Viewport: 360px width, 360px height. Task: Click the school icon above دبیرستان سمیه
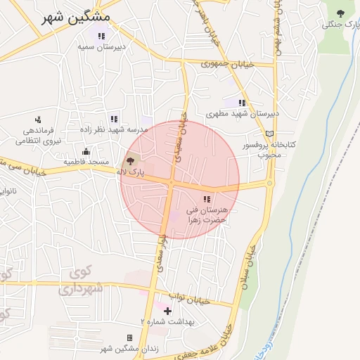click(x=101, y=36)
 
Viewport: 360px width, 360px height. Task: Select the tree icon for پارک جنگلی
click(x=341, y=13)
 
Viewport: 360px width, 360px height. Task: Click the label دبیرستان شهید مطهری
click(x=243, y=113)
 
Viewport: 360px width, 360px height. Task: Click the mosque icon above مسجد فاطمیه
click(x=86, y=151)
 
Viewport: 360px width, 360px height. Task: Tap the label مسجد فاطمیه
click(x=86, y=162)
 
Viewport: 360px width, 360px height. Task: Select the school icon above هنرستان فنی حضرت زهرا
click(x=207, y=199)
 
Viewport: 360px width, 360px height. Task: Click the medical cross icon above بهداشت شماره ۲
click(x=167, y=310)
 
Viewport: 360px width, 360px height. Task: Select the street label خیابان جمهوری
click(x=227, y=64)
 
